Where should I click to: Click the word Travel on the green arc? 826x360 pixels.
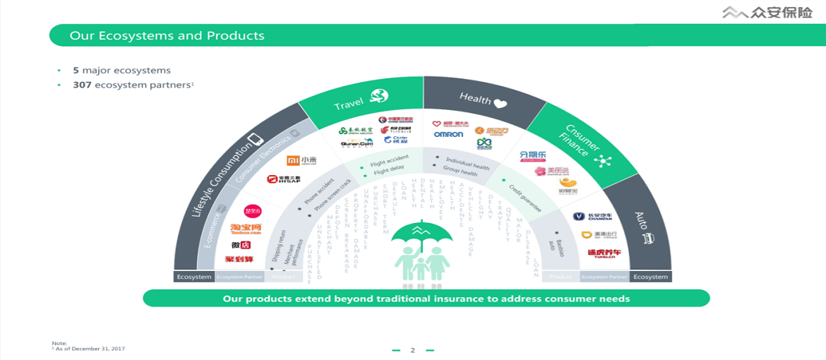pyautogui.click(x=349, y=104)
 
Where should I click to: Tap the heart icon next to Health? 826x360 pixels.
pyautogui.click(x=501, y=103)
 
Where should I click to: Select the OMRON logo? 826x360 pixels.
pyautogui.click(x=448, y=134)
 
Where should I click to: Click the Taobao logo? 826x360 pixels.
pyautogui.click(x=246, y=229)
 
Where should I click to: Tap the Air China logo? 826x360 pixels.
pyautogui.click(x=396, y=129)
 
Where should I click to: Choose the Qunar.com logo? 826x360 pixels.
pyautogui.click(x=357, y=143)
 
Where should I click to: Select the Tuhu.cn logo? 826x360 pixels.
pyautogui.click(x=604, y=253)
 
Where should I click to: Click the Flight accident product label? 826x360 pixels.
pyautogui.click(x=389, y=161)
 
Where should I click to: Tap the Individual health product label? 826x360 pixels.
pyautogui.click(x=467, y=162)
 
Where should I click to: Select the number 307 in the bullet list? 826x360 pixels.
pyautogui.click(x=83, y=85)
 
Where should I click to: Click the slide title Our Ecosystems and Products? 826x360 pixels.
pyautogui.click(x=167, y=35)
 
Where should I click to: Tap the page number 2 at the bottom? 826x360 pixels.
pyautogui.click(x=413, y=350)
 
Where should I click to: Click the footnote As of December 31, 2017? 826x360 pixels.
pyautogui.click(x=90, y=349)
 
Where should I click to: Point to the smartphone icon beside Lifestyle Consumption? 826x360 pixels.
pyautogui.click(x=256, y=140)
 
